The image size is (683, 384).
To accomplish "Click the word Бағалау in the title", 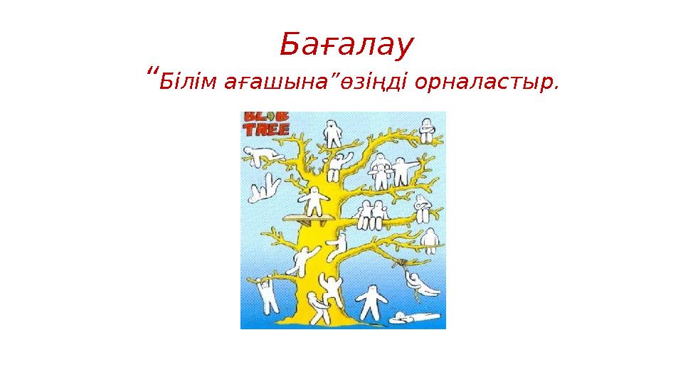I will pyautogui.click(x=346, y=46).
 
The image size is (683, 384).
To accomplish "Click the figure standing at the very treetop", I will pyautogui.click(x=332, y=132).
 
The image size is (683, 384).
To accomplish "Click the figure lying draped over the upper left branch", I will pyautogui.click(x=260, y=154).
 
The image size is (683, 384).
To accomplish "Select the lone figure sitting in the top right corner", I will pyautogui.click(x=427, y=131).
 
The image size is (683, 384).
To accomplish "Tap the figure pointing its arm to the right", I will pyautogui.click(x=404, y=169).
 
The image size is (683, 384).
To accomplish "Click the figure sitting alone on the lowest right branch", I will pyautogui.click(x=430, y=240).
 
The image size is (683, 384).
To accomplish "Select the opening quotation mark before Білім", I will pyautogui.click(x=150, y=74).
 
